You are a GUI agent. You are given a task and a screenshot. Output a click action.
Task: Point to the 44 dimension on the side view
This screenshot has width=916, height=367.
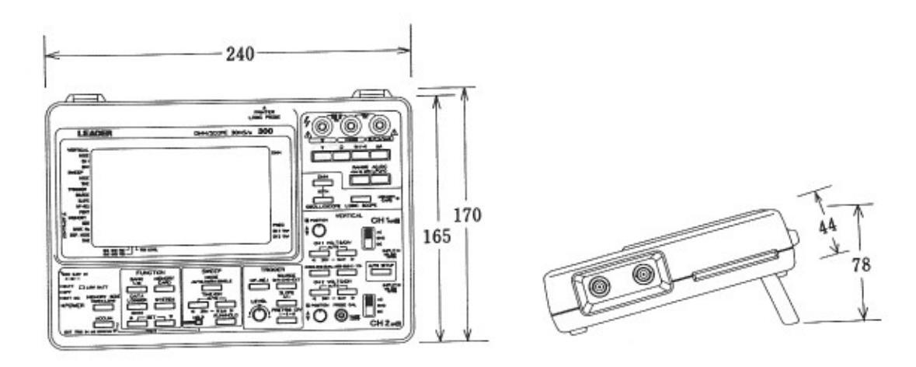click(x=829, y=227)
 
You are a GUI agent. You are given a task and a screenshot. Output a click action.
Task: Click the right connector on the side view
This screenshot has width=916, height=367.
click(x=643, y=274)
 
